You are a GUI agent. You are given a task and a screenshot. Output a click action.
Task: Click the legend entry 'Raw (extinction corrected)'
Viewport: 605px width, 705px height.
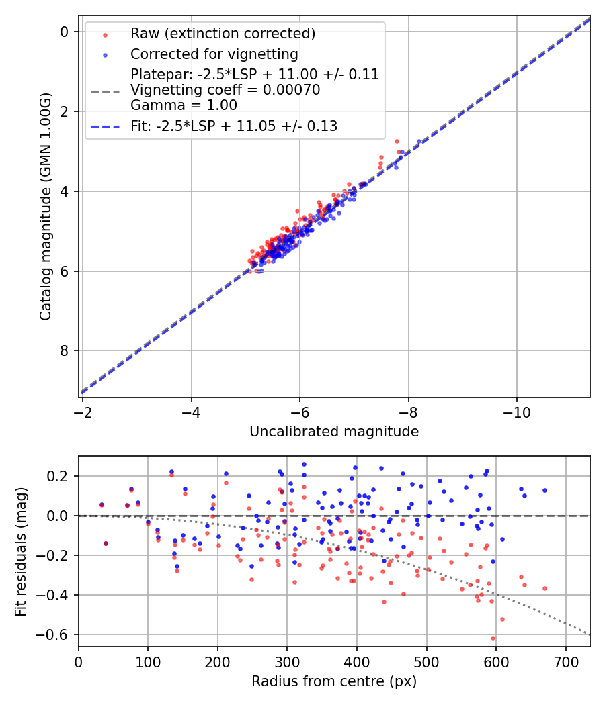coord(223,34)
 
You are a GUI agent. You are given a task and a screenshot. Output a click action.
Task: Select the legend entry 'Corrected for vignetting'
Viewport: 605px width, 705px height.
coord(214,54)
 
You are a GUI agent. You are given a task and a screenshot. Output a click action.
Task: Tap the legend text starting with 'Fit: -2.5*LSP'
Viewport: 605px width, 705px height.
coord(234,126)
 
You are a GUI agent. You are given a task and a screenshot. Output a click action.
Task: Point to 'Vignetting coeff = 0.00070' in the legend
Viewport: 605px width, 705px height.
coord(225,89)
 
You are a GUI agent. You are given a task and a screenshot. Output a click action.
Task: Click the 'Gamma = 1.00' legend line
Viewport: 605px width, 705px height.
coord(184,105)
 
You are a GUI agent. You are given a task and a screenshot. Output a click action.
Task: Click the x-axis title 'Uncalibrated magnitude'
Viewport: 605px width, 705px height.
coord(334,432)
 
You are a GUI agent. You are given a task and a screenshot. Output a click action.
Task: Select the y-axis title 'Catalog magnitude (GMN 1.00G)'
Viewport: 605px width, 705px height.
coord(46,206)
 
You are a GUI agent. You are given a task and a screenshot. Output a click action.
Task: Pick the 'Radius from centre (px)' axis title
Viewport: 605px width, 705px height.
coord(334,681)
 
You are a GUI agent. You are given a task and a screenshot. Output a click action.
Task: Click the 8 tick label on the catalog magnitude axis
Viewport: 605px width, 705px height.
coord(65,350)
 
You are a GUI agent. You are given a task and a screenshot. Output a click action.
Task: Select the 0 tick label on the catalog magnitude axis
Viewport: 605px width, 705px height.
coord(65,32)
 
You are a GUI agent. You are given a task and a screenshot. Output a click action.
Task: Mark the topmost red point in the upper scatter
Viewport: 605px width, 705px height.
coord(397,141)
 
